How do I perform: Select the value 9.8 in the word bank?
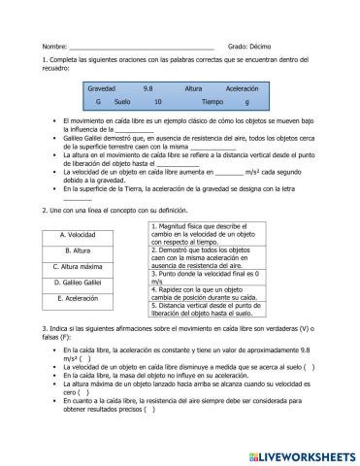click(x=147, y=87)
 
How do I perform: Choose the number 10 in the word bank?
click(x=158, y=101)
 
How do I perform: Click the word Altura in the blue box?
click(x=193, y=87)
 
